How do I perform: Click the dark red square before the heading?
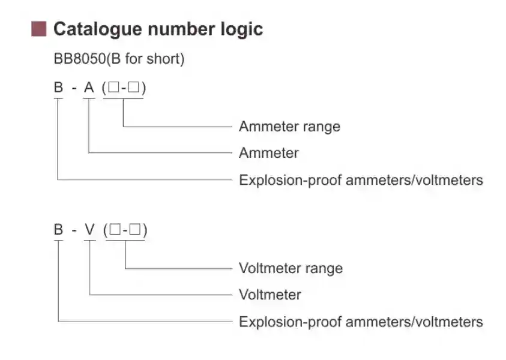[39, 29]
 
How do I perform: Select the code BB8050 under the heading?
[74, 59]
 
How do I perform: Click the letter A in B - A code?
[89, 88]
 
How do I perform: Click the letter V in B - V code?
[90, 230]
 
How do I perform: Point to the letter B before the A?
[58, 88]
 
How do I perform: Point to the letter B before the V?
[58, 230]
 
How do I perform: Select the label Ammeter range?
[289, 127]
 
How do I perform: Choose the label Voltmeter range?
[291, 268]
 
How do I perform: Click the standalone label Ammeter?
[268, 153]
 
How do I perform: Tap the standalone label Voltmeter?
[270, 295]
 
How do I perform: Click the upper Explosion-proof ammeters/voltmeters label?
[361, 179]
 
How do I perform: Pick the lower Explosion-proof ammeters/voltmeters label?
[361, 322]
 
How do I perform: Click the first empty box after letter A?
[114, 88]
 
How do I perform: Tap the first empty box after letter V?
[115, 230]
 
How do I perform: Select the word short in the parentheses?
[165, 59]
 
